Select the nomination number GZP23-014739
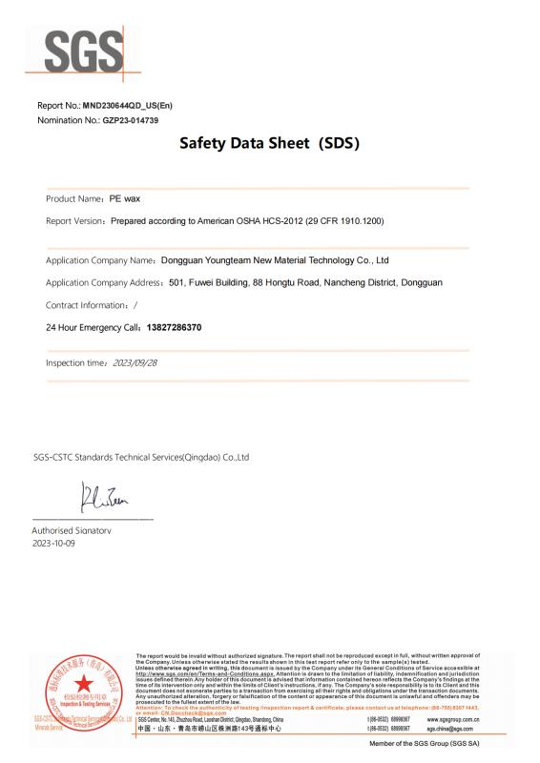tap(123, 120)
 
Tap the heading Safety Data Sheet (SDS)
tap(269, 146)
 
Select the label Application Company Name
tap(100, 259)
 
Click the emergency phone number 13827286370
tap(174, 327)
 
